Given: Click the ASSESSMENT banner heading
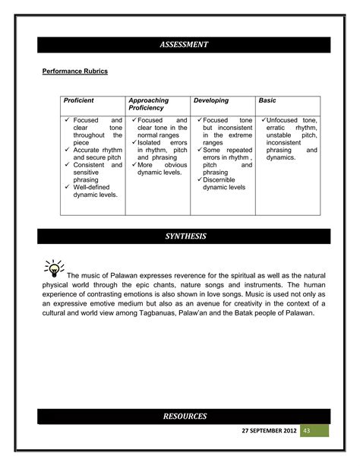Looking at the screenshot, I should pyautogui.click(x=184, y=45).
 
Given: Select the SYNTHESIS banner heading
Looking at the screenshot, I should pyautogui.click(x=184, y=236).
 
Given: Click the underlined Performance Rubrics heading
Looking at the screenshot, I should pyautogui.click(x=74, y=71).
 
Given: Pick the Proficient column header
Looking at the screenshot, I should pyautogui.click(x=79, y=100).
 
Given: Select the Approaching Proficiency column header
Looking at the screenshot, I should pyautogui.click(x=149, y=104).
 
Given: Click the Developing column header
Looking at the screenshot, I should pyautogui.click(x=211, y=100).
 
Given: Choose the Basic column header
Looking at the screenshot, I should pyautogui.click(x=267, y=100).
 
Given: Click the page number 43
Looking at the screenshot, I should pyautogui.click(x=308, y=430).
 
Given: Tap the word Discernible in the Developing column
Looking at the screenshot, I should pyautogui.click(x=223, y=179).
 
